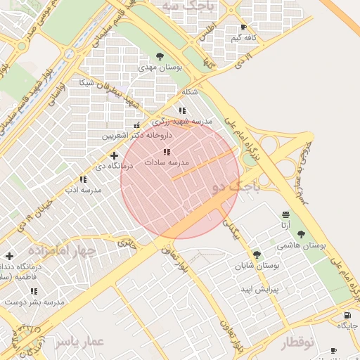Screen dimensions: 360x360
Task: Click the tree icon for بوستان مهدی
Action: [160, 56]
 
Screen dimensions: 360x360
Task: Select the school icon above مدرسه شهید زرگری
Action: [182, 110]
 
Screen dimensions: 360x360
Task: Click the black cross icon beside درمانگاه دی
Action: [115, 155]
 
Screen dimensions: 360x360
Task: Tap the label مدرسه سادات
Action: [167, 162]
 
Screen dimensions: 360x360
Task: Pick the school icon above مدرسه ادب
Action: [83, 179]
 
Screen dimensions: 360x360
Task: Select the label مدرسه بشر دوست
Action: [34, 301]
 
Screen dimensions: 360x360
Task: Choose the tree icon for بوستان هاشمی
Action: [302, 234]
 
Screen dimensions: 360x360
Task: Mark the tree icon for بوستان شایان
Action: [257, 255]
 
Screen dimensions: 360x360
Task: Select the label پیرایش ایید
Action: [261, 289]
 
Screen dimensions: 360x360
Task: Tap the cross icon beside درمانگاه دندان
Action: [8, 257]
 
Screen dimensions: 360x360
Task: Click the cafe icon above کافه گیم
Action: [244, 27]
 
